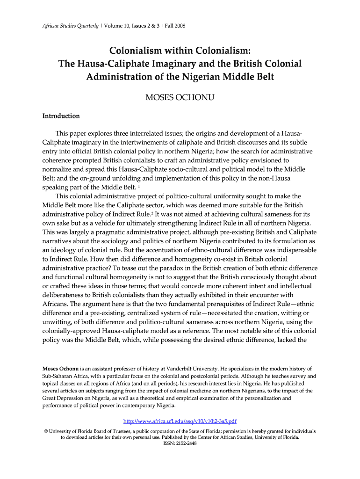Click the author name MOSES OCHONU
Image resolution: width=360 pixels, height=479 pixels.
click(x=180, y=97)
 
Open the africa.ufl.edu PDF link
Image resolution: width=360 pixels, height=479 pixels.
click(x=180, y=421)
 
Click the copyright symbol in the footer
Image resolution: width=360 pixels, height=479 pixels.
click(x=45, y=431)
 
